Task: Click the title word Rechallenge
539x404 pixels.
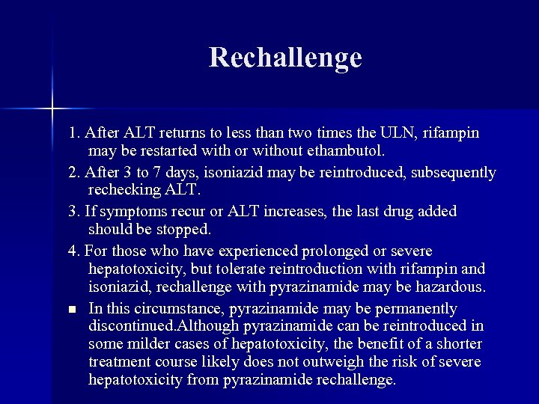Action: point(285,58)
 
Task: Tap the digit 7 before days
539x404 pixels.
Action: point(164,173)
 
